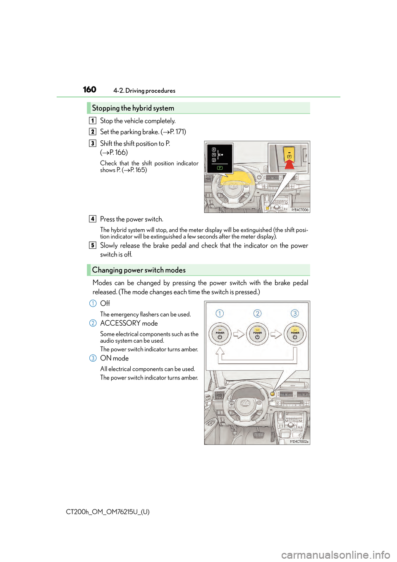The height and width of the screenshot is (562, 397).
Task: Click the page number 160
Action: (89, 90)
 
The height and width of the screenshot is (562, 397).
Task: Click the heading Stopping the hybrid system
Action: (133, 108)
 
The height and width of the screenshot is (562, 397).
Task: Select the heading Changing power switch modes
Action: (139, 270)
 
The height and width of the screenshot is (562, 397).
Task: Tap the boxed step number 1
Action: (93, 121)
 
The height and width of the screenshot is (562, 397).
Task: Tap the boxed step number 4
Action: (93, 219)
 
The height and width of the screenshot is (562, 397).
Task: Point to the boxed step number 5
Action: (93, 245)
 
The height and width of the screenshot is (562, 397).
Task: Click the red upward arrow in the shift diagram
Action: (289, 163)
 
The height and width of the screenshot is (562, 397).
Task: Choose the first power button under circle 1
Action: (220, 334)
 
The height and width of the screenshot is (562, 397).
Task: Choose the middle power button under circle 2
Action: (257, 334)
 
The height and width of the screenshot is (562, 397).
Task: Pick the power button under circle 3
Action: (295, 334)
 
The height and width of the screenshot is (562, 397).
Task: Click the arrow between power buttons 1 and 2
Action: (239, 334)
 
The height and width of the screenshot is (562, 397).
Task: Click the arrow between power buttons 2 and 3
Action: (276, 334)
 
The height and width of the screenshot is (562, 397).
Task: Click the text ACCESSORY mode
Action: (129, 323)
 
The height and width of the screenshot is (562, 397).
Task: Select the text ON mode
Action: (115, 358)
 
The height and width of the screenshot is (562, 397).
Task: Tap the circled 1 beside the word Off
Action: (93, 303)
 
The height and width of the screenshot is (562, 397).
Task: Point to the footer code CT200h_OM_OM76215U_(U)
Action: (108, 512)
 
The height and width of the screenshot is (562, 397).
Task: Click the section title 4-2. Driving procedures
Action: (144, 91)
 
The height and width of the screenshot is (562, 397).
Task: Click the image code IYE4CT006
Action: (300, 210)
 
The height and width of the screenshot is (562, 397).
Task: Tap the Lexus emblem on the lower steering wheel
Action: (245, 403)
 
